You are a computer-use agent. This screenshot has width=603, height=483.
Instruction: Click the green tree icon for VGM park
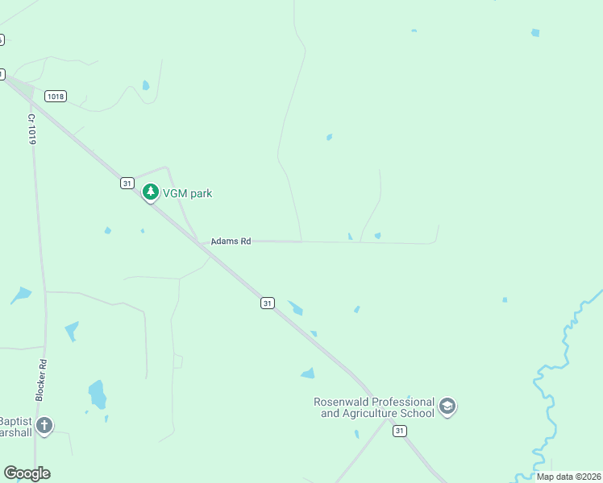point(150,192)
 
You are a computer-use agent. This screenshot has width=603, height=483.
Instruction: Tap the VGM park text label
point(188,193)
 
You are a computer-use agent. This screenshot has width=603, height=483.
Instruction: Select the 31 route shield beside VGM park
point(127,184)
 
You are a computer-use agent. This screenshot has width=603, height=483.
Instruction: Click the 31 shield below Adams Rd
point(268,303)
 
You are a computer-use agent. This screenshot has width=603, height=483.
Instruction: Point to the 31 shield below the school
point(400,431)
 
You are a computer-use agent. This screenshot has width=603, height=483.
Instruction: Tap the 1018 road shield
point(56,97)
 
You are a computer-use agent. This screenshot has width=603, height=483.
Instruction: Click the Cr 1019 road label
point(32,129)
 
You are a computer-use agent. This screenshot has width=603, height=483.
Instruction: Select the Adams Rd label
point(231,241)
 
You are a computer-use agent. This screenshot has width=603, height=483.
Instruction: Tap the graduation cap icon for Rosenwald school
point(448,407)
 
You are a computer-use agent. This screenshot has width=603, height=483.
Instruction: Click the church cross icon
point(44,425)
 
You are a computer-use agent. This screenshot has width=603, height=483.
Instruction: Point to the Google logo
point(27,473)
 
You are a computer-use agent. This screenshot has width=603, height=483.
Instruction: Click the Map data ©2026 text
point(568,477)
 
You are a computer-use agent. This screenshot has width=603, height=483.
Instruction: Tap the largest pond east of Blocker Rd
point(97,394)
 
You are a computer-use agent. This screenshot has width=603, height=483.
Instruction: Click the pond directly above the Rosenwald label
point(307,373)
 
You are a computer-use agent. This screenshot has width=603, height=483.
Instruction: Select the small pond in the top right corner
point(535,32)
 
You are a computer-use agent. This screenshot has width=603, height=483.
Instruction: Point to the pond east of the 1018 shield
point(145,85)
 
